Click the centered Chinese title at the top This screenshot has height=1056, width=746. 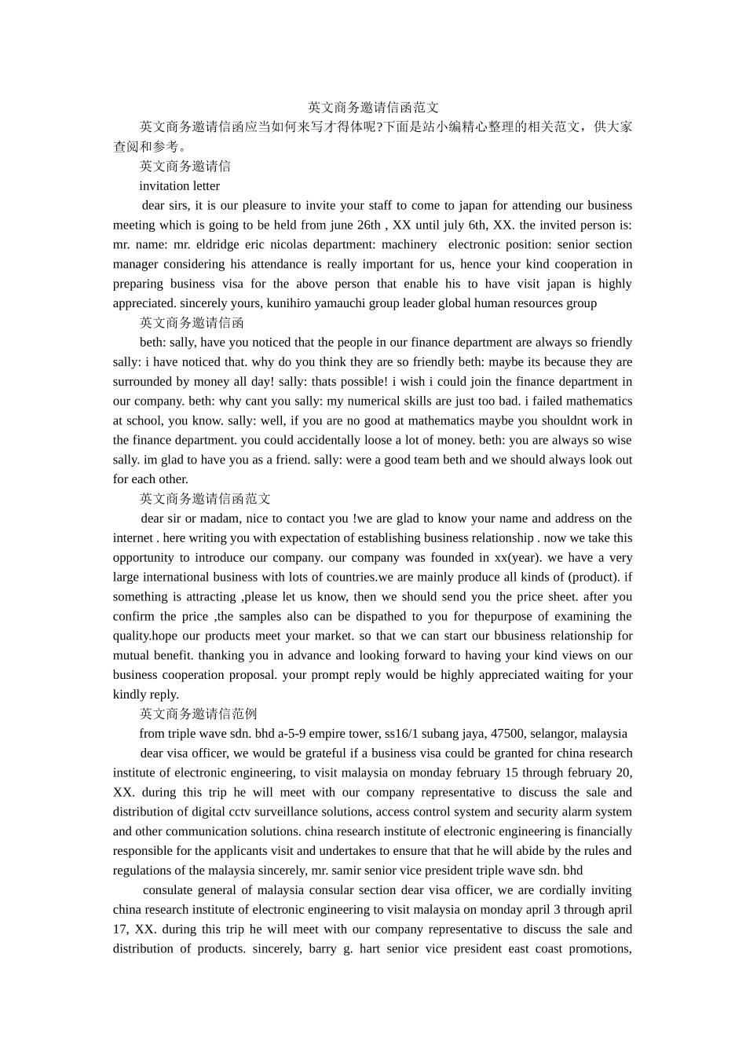373,108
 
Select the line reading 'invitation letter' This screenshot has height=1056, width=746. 179,186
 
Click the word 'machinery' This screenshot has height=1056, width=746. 409,244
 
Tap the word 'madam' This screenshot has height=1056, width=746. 220,519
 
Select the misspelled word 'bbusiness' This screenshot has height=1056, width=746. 522,636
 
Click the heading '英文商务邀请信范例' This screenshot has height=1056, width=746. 198,714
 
